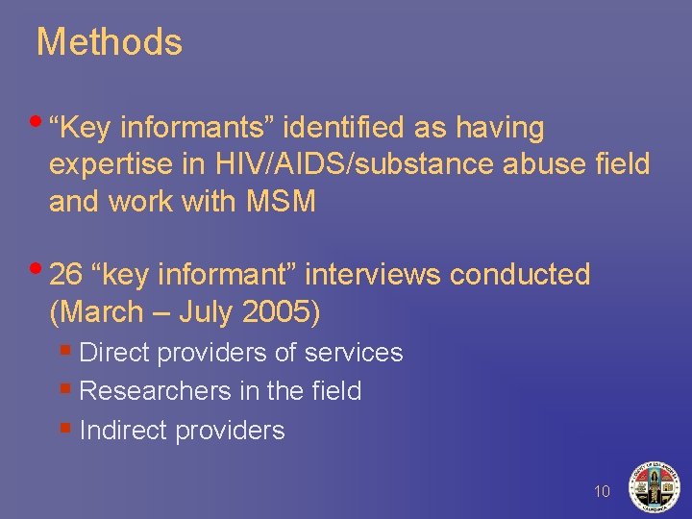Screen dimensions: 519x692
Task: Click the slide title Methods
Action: tap(109, 42)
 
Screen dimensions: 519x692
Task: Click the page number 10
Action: tap(603, 492)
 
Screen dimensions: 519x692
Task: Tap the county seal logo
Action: tap(654, 485)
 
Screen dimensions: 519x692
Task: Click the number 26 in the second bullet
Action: tap(65, 275)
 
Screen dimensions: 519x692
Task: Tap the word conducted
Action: tap(520, 275)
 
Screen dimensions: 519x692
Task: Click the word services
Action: tap(353, 353)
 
